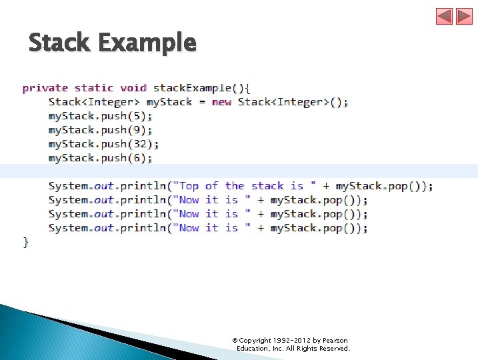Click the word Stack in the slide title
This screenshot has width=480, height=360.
(x=59, y=43)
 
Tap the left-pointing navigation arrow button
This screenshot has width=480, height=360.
(x=444, y=17)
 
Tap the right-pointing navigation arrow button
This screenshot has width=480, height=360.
(x=464, y=17)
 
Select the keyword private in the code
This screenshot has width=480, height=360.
(x=45, y=88)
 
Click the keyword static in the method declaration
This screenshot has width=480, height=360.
(x=94, y=88)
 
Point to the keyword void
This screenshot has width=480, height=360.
(x=133, y=88)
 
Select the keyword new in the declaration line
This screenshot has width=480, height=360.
(x=221, y=102)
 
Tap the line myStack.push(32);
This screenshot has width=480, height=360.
(x=103, y=144)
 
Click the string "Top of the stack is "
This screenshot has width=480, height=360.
(x=244, y=186)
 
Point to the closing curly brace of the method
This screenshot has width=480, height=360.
(x=26, y=242)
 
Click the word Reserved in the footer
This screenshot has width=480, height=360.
(x=334, y=349)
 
